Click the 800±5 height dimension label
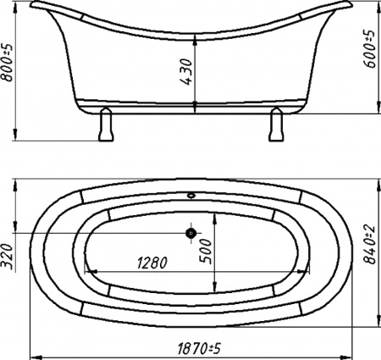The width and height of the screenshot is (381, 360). tap(7, 63)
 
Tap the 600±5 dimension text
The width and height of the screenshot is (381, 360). tap(370, 48)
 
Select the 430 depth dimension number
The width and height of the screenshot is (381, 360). tap(186, 72)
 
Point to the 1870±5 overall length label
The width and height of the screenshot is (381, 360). tap(199, 348)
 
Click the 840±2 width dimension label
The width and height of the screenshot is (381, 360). tap(370, 245)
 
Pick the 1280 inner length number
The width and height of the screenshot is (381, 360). tap(152, 263)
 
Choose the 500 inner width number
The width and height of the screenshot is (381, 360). tap(206, 252)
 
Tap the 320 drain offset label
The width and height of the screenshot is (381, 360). tap(8, 257)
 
